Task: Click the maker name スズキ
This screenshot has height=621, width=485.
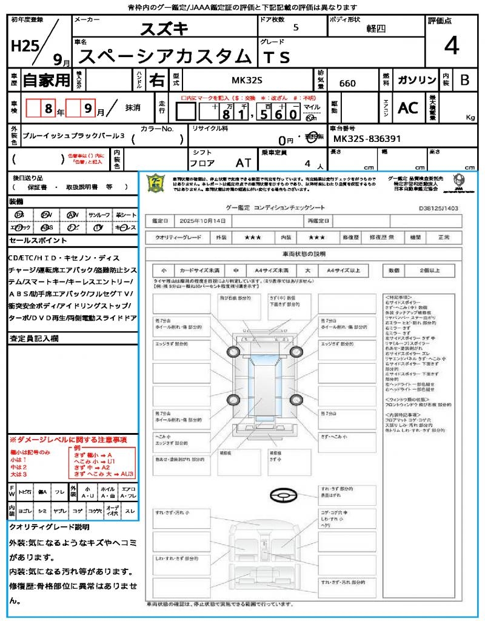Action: [164, 29]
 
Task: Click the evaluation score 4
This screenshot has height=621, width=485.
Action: [450, 46]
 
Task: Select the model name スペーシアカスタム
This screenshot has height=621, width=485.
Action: [165, 56]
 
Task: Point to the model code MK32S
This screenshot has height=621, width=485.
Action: [247, 80]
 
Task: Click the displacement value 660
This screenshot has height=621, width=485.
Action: [347, 84]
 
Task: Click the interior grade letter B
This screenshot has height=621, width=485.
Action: [464, 80]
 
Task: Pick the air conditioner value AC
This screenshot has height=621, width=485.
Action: [408, 107]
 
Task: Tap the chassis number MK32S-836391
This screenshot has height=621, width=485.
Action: [367, 139]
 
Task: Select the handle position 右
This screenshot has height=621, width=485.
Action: [156, 80]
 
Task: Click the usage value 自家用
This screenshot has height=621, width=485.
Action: [46, 80]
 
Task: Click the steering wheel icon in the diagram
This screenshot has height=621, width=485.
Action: [283, 497]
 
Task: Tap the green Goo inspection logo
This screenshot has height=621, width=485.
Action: [156, 183]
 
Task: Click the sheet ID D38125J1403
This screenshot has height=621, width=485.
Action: [438, 207]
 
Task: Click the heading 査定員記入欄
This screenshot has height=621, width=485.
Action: [34, 338]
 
